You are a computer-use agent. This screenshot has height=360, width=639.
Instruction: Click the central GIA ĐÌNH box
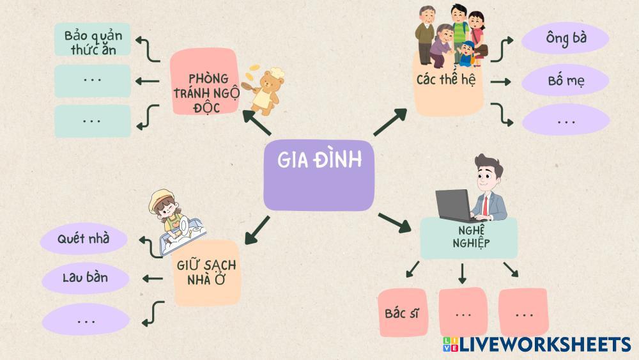(x=318, y=174)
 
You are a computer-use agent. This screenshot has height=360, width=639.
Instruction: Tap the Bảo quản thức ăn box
(x=92, y=40)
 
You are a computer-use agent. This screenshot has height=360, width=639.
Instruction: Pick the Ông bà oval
(x=566, y=39)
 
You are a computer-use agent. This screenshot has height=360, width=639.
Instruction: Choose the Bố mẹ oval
(x=566, y=82)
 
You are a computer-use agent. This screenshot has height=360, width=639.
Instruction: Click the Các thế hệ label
(x=445, y=81)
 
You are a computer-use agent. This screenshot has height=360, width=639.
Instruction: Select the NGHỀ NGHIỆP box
(x=468, y=237)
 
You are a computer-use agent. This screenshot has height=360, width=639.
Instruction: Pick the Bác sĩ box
(x=402, y=313)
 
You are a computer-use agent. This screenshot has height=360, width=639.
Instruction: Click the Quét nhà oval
(x=83, y=239)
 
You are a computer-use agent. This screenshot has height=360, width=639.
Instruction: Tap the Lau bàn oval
(x=85, y=278)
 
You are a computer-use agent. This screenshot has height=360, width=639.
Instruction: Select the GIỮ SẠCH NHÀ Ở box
(x=207, y=273)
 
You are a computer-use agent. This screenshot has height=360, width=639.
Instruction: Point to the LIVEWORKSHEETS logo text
(x=543, y=345)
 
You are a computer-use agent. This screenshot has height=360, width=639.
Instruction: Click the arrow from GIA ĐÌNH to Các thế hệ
(x=390, y=122)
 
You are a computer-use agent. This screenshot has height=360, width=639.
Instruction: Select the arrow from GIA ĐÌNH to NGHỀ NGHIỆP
(x=394, y=222)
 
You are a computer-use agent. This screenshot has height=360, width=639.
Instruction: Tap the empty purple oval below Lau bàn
(x=85, y=319)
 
